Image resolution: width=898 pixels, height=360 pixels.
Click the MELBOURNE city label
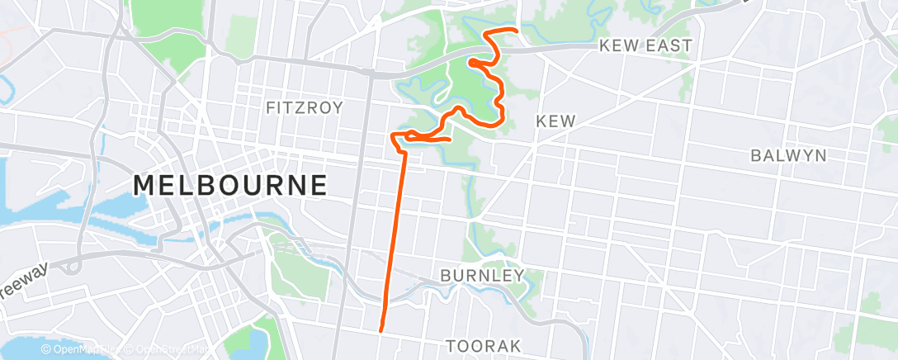[230, 185]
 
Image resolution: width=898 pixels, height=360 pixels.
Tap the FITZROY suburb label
[304, 107]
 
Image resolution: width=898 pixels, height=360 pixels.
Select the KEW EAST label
[647, 46]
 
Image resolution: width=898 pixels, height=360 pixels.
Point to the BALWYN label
[788, 155]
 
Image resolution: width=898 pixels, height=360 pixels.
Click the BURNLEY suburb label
[482, 275]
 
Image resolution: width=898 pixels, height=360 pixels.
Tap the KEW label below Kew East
[555, 121]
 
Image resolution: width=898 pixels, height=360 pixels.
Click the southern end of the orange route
[380, 331]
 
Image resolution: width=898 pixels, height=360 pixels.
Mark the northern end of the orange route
[517, 31]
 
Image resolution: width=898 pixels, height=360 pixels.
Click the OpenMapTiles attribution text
[81, 350]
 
